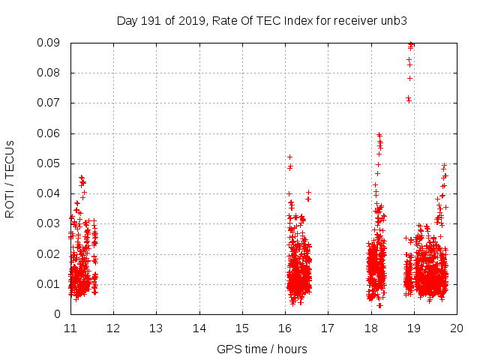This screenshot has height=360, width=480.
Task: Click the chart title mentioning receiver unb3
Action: pyautogui.click(x=262, y=20)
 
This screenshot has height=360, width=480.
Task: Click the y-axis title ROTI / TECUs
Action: pyautogui.click(x=10, y=178)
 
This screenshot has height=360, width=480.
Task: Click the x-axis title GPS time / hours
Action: pyautogui.click(x=262, y=349)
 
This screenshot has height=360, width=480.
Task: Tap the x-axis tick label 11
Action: pyautogui.click(x=70, y=328)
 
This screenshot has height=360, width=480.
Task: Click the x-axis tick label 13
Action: pyautogui.click(x=156, y=328)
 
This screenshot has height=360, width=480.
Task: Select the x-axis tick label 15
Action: pyautogui.click(x=242, y=328)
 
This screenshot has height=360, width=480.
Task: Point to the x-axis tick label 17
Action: pyautogui.click(x=328, y=328)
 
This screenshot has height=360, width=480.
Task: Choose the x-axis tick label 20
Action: pyautogui.click(x=457, y=328)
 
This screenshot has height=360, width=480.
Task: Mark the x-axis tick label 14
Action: pyautogui.click(x=199, y=328)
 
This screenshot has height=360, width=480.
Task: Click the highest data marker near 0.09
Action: pyautogui.click(x=411, y=44)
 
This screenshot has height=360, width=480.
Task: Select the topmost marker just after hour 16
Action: pyautogui.click(x=290, y=157)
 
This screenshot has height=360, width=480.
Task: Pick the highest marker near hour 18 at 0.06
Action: pyautogui.click(x=379, y=135)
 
